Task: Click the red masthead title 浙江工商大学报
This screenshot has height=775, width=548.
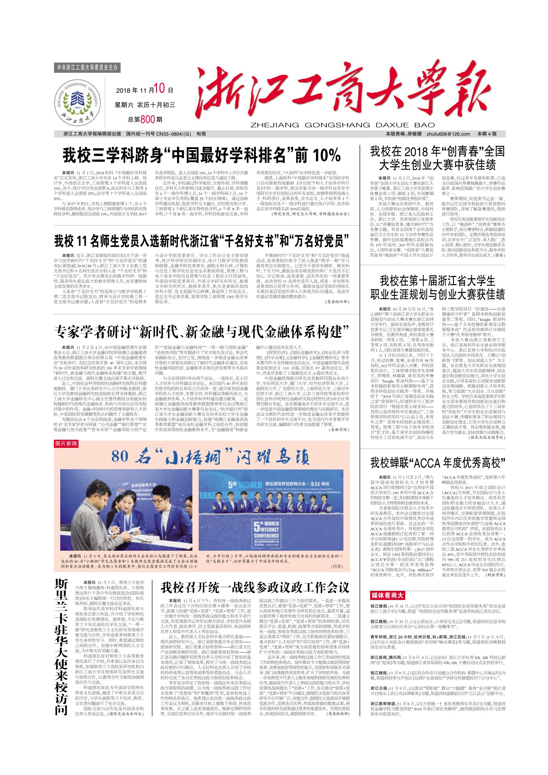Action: pos(342,91)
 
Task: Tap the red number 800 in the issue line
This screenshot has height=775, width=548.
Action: pos(147,119)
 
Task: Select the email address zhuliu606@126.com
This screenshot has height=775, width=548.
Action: pos(448,134)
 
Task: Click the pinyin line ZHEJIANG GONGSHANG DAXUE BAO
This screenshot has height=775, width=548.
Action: pos(342,125)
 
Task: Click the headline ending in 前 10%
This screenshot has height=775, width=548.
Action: pos(201,156)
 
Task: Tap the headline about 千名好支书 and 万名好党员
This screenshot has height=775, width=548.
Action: pos(201,241)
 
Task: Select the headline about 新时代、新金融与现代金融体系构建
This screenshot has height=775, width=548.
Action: pos(201,332)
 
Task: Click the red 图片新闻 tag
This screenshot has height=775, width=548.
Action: pos(66,444)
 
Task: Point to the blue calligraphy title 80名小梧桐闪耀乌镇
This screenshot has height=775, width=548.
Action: pos(210,457)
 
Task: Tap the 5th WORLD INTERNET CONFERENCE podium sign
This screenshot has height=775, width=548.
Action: pos(267,533)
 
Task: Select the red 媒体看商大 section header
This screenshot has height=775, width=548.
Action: pos(387,595)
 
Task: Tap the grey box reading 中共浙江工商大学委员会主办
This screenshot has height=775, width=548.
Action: pos(87,68)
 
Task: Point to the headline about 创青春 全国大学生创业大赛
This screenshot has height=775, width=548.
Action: pos(438,158)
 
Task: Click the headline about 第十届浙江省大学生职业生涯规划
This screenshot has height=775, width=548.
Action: pos(438,288)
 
